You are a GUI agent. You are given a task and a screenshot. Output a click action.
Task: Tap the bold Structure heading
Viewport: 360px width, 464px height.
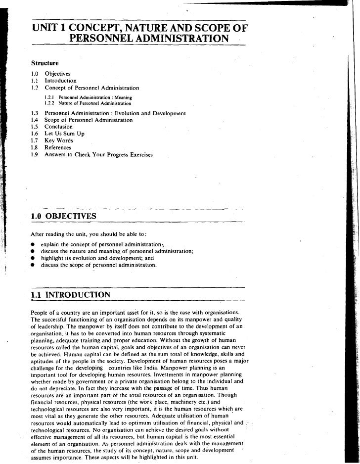point(45,63)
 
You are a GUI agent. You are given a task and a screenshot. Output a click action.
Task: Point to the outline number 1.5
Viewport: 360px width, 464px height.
point(35,127)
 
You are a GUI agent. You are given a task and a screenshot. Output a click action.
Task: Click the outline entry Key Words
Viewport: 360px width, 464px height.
point(58,140)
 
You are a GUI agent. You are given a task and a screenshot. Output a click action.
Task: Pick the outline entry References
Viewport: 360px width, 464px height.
point(58,147)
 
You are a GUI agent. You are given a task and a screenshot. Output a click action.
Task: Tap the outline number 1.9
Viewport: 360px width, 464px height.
point(35,154)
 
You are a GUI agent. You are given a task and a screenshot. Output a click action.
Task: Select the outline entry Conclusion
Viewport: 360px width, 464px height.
point(58,127)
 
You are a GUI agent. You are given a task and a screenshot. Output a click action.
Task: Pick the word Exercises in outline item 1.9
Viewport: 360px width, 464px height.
point(140,154)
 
